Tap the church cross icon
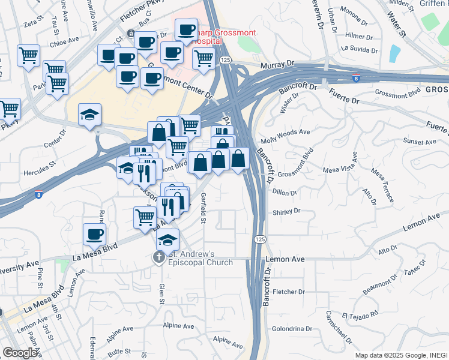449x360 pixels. pos(158,258)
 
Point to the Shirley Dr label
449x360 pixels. pos(286,212)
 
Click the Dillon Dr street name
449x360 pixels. pos(285,193)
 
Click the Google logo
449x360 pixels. pos(20,353)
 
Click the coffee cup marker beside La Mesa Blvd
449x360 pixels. pos(94,234)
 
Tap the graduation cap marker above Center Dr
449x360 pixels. pos(90,115)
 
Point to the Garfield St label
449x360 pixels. pos(203,208)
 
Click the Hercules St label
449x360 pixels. pos(41,163)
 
